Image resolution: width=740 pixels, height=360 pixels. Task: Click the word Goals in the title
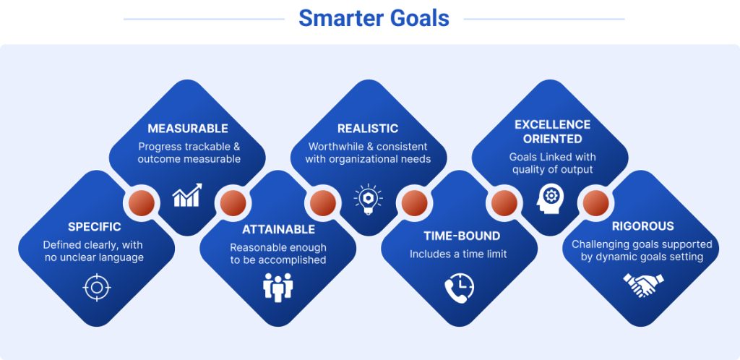[418, 19]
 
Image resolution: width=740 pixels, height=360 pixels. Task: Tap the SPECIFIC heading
[95, 227]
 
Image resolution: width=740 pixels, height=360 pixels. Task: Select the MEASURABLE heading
[188, 129]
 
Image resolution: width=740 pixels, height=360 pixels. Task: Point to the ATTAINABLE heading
[278, 230]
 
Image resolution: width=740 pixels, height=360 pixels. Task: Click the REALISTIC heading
[368, 129]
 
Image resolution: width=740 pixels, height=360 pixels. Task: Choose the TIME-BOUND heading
[462, 236]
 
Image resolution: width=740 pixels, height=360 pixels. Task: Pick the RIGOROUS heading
[642, 226]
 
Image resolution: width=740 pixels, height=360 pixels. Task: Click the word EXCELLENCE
[552, 124]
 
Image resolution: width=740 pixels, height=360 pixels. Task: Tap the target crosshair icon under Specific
[97, 287]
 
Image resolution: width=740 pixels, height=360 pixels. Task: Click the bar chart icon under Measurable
[187, 195]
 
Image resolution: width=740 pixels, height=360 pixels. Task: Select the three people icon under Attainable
[278, 287]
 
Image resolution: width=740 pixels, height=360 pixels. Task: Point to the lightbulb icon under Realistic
[368, 200]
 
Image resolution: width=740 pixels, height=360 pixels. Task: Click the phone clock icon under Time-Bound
[459, 288]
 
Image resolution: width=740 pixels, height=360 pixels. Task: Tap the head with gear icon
[549, 199]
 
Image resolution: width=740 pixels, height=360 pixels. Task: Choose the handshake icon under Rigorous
[643, 285]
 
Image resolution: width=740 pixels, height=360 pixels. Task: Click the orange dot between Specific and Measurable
[142, 203]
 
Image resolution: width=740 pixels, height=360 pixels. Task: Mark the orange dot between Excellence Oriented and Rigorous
[595, 203]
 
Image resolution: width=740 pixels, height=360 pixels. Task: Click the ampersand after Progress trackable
[236, 146]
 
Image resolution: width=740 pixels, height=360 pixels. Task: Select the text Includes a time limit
[458, 254]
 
